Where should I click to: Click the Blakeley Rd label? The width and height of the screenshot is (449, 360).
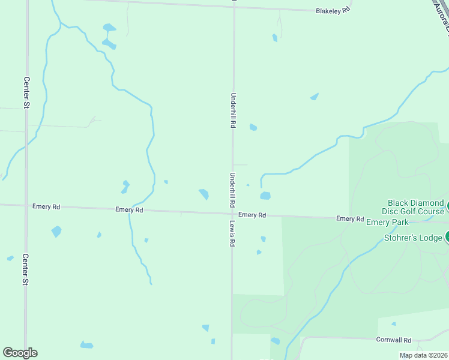(333, 11)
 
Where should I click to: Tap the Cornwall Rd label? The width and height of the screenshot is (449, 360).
(393, 340)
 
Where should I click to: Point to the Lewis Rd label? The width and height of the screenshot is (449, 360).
(232, 233)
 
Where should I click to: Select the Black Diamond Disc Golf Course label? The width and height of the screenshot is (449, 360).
(415, 207)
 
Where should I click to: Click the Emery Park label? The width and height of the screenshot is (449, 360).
(387, 223)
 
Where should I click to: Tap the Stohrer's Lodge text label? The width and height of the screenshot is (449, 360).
(412, 238)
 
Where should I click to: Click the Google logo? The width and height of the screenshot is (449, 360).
(20, 353)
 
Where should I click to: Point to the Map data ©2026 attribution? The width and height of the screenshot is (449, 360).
(423, 355)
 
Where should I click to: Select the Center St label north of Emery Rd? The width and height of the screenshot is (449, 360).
(26, 92)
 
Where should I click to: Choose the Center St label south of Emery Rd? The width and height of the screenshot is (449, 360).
(26, 270)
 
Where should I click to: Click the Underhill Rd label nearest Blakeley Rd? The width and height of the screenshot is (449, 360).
(233, 110)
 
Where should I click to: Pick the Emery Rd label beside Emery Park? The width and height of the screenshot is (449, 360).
(350, 219)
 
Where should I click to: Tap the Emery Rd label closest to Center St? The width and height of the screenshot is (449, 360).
(46, 206)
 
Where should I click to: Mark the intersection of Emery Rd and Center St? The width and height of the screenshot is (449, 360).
(26, 205)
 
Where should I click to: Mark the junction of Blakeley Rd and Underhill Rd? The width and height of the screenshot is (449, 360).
(234, 7)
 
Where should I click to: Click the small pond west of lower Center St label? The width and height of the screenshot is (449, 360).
(10, 258)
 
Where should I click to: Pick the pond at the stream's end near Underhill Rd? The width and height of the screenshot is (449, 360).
(265, 196)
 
